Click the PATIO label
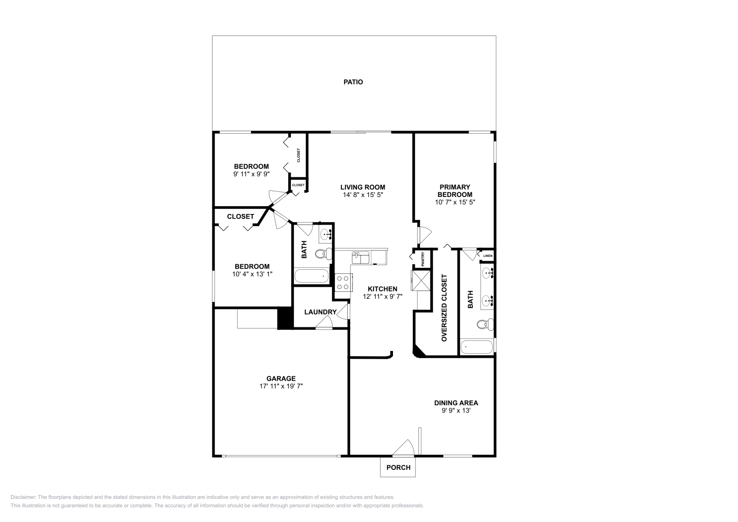tap(353, 82)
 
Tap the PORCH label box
tap(398, 467)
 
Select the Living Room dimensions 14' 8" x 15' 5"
tap(363, 195)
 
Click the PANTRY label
tap(423, 260)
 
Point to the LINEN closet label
tap(488, 255)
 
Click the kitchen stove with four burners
tap(343, 282)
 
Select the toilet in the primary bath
tap(483, 325)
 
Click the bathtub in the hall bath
tap(312, 277)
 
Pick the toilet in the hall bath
tap(323, 253)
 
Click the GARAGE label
tap(280, 379)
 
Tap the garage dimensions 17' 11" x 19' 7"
tap(280, 386)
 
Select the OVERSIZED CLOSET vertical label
tap(444, 308)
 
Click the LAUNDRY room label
tap(320, 312)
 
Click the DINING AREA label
tap(456, 403)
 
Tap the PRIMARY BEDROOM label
tap(455, 190)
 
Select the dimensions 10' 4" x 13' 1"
tap(252, 274)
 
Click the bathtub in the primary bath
tap(477, 346)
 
